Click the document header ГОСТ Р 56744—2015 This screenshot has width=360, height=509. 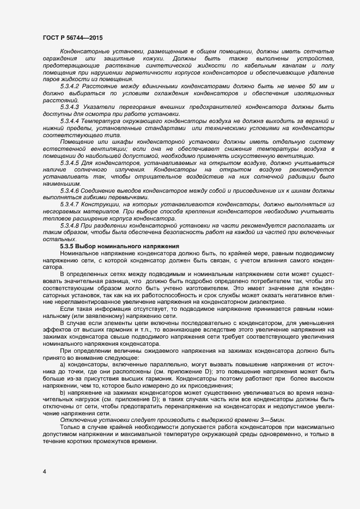(72, 38)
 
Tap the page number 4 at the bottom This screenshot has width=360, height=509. (44, 471)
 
